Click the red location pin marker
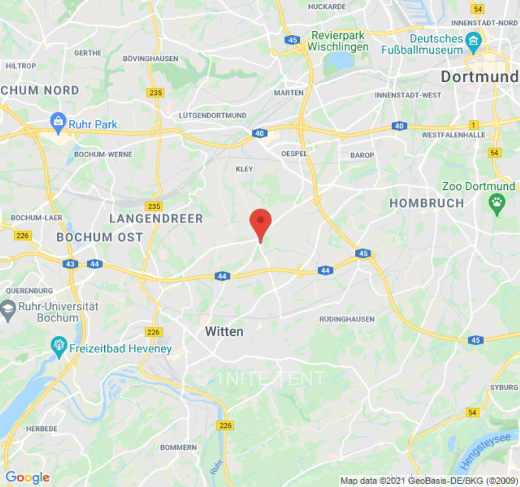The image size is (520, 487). (261, 222)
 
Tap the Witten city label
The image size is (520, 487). (224, 332)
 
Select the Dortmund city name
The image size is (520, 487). (479, 77)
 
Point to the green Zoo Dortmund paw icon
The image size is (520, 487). (497, 204)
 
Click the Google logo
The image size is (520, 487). (27, 477)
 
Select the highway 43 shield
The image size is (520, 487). (70, 264)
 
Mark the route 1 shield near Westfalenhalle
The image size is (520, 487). (475, 125)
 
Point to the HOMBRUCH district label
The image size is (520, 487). (427, 203)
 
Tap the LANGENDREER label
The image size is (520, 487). (156, 219)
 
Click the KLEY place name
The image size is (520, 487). (244, 169)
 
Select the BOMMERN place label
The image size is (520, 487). (179, 447)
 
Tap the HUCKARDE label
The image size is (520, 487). (327, 7)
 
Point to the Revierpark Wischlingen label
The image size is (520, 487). (338, 41)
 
